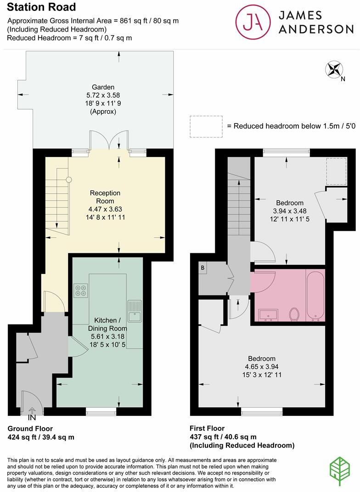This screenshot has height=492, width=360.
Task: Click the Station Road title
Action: pyautogui.click(x=41, y=7)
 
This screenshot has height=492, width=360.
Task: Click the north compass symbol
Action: pyautogui.click(x=334, y=70)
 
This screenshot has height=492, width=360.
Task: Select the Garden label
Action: pyautogui.click(x=103, y=87)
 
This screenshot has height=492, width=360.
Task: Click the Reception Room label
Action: pyautogui.click(x=105, y=197)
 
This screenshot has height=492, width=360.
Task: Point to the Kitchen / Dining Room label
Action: pyautogui.click(x=107, y=324)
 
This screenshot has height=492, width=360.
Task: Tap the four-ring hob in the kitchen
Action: pyautogui.click(x=81, y=291)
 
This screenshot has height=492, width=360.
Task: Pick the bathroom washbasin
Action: pyautogui.click(x=268, y=315)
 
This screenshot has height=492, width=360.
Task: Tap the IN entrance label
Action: pyautogui.click(x=32, y=418)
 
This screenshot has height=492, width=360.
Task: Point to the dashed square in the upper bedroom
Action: pyautogui.click(x=336, y=171)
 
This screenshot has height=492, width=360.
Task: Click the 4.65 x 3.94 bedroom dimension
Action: pyautogui.click(x=262, y=367)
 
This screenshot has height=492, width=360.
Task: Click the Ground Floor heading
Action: pyautogui.click(x=29, y=429)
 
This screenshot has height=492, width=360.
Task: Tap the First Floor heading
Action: pyautogui.click(x=207, y=429)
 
